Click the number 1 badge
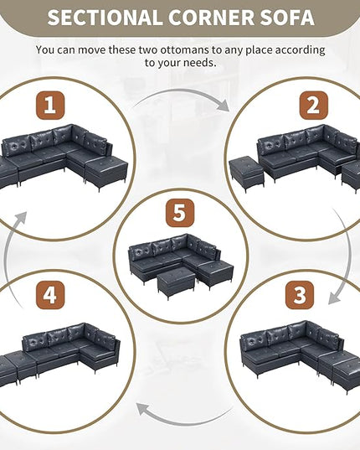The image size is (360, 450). [x=50, y=105]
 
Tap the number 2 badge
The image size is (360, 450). [x=314, y=105]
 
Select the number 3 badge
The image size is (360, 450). [x=300, y=295]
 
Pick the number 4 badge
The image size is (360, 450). [x=50, y=295]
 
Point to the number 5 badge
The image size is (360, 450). [x=180, y=213]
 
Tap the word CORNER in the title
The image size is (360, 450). [x=212, y=18]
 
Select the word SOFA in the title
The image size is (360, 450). [x=287, y=18]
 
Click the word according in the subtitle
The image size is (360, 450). [x=300, y=50]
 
